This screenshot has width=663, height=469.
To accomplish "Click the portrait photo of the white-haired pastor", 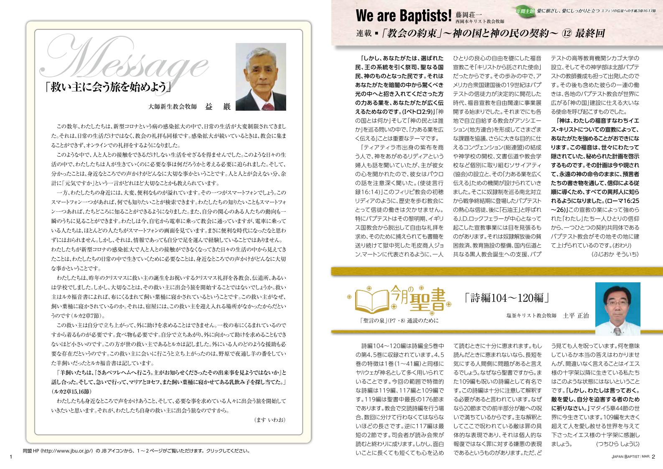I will [x=261, y=77].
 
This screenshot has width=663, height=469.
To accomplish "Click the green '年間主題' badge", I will [x=525, y=11].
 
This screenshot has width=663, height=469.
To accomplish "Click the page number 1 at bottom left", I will [x=11, y=456].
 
